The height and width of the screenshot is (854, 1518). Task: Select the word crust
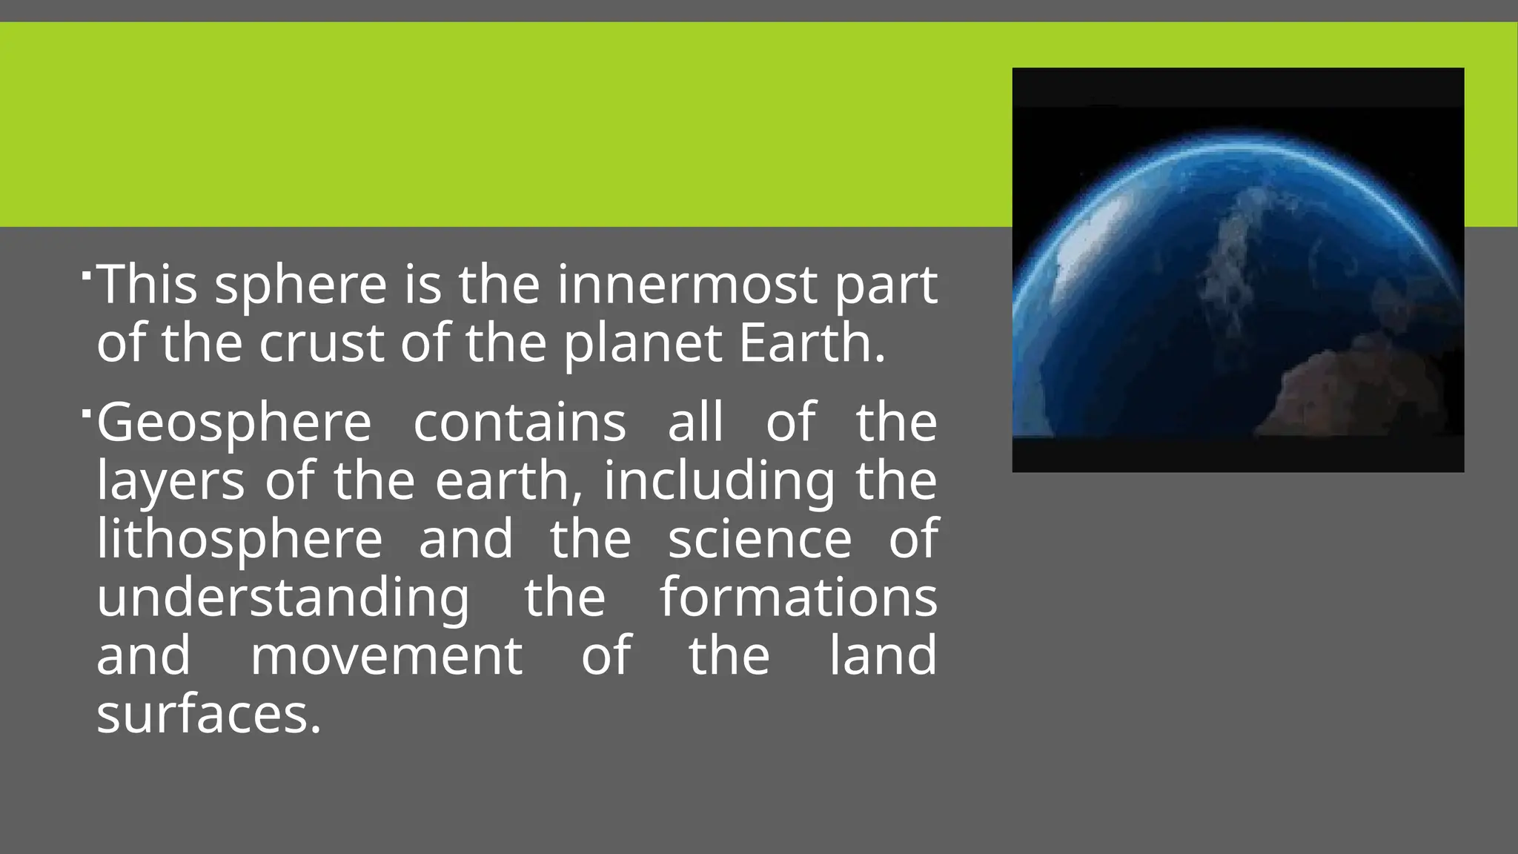pyautogui.click(x=321, y=343)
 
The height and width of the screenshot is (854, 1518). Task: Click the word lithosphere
pyautogui.click(x=239, y=539)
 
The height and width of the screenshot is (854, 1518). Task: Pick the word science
pyautogui.click(x=760, y=539)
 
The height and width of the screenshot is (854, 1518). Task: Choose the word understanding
pyautogui.click(x=282, y=598)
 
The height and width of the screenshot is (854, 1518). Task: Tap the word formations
pyautogui.click(x=798, y=598)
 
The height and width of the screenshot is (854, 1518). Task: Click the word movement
pyautogui.click(x=386, y=655)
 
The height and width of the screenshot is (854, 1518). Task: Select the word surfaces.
pyautogui.click(x=209, y=715)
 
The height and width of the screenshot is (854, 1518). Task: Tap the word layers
pyautogui.click(x=170, y=482)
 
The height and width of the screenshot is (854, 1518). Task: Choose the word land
pyautogui.click(x=882, y=655)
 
